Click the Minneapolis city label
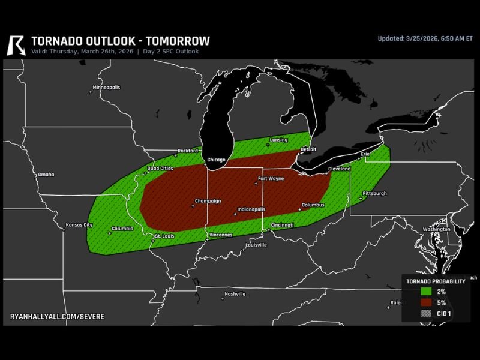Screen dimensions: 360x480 click(106, 88)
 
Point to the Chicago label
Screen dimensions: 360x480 click(216, 160)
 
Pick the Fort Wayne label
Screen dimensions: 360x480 click(271, 178)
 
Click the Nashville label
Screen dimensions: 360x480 click(235, 294)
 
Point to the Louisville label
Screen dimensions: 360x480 click(256, 245)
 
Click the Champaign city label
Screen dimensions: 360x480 click(208, 201)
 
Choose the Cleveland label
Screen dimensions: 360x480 click(339, 169)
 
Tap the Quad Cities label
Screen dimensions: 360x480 click(160, 169)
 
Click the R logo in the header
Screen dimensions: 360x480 click(17, 44)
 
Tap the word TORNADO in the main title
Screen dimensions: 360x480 click(56, 41)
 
